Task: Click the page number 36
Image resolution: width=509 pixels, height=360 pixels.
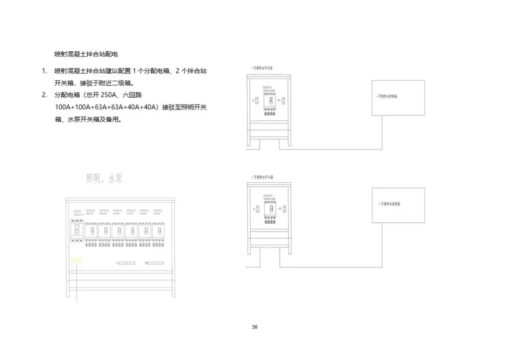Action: coord(254,327)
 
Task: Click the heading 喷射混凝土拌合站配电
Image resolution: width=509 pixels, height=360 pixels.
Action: coord(86,54)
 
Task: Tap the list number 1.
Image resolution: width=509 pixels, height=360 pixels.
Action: coord(44,71)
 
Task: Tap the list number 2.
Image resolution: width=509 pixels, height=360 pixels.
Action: coord(44,95)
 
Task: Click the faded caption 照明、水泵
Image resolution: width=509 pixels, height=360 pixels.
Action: coord(104,179)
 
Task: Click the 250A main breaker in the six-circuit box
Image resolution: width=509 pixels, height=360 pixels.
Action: coord(77,231)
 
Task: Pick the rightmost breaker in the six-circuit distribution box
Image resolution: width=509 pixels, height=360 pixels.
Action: coord(158,231)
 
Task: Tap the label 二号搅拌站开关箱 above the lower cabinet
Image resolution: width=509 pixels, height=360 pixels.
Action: coord(262,177)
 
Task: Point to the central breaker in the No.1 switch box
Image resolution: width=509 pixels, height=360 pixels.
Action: coord(270,101)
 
